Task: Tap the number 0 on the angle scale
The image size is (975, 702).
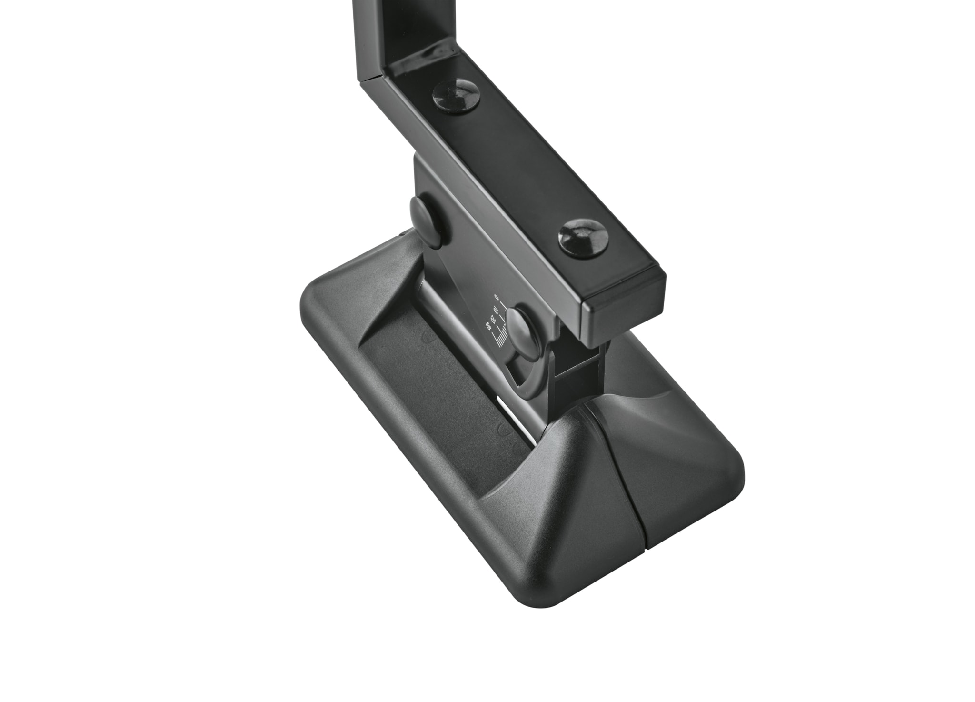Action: tap(497, 297)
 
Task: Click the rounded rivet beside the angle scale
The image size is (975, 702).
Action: tap(521, 328)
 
